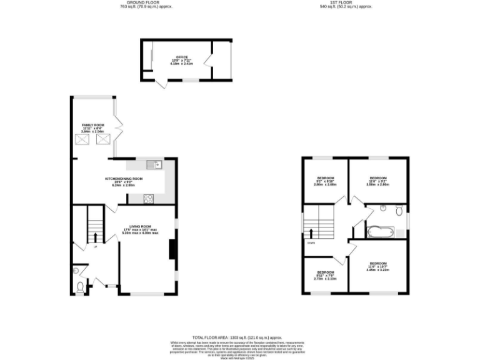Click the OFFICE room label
point(182,61)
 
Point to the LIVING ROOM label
point(141,229)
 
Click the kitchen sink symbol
point(154,165)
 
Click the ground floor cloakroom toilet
point(79,287)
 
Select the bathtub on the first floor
point(380,232)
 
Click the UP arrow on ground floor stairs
point(95,237)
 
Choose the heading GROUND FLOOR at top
point(146,3)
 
